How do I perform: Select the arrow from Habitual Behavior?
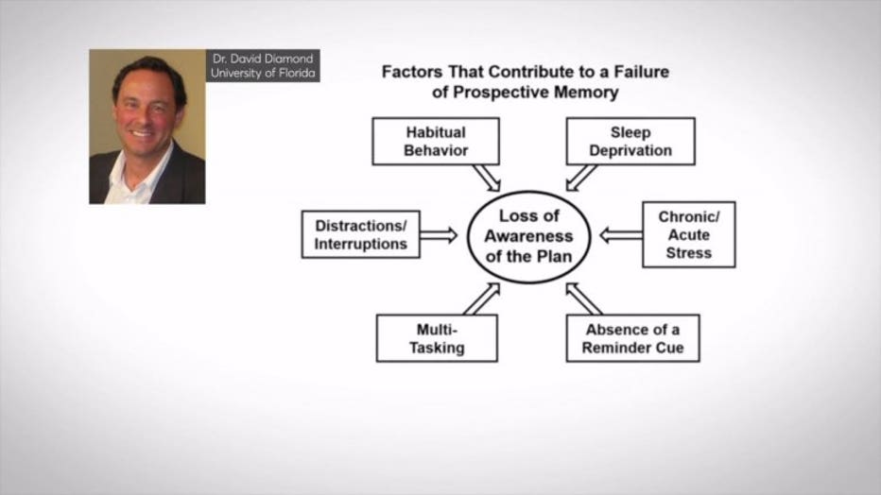tap(487, 178)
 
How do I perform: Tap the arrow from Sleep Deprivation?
tap(580, 178)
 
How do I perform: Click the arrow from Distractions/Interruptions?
tap(439, 235)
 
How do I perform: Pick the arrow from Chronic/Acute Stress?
tap(621, 235)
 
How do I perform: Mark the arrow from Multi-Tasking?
tap(481, 299)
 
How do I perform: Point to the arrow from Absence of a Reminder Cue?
tap(584, 299)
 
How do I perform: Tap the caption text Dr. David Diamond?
tap(263, 59)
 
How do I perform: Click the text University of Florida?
tap(263, 73)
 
